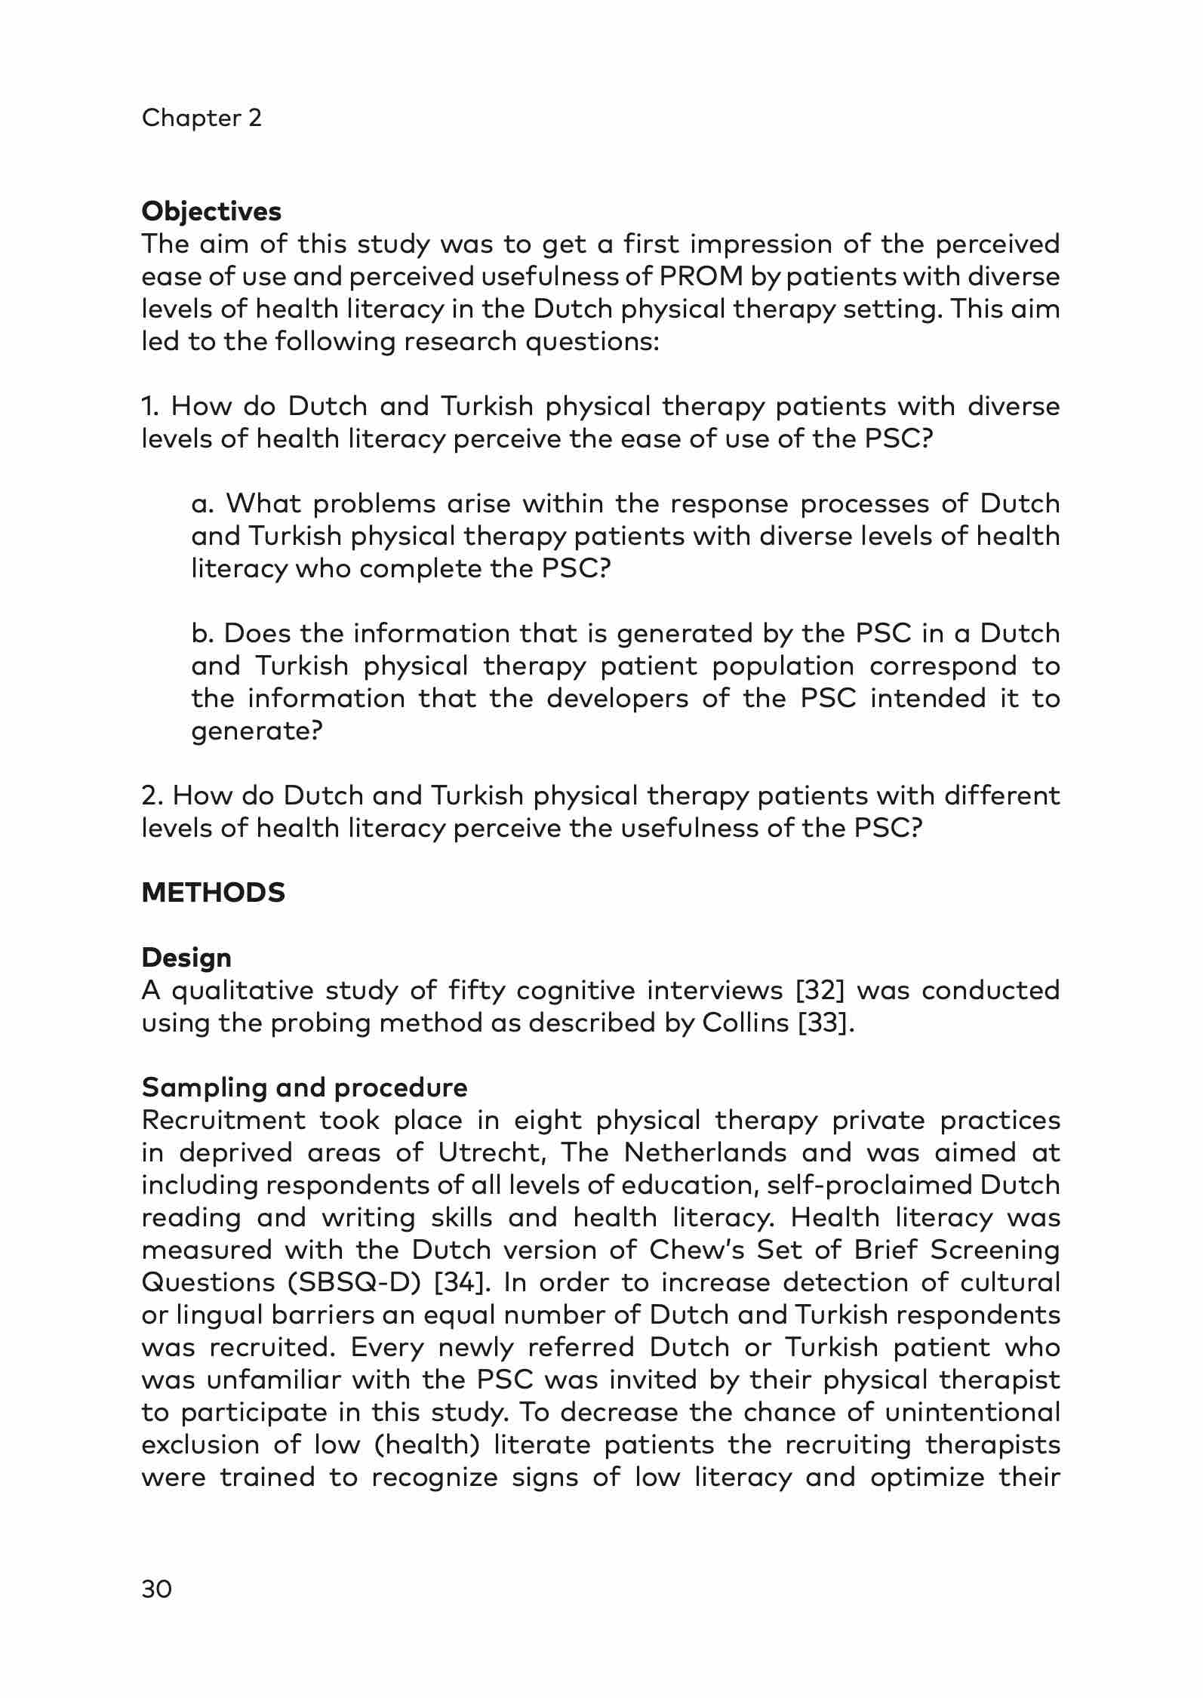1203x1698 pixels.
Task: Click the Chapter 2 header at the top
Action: point(202,118)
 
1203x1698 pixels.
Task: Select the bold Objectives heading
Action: point(211,211)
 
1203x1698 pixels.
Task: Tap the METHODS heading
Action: point(214,893)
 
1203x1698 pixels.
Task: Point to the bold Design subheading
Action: point(186,958)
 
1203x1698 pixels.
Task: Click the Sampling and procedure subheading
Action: point(304,1087)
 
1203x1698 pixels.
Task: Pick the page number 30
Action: point(157,1590)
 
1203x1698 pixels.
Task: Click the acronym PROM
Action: point(700,277)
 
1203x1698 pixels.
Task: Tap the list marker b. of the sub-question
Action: point(202,633)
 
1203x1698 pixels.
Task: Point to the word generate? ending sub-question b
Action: point(257,731)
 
